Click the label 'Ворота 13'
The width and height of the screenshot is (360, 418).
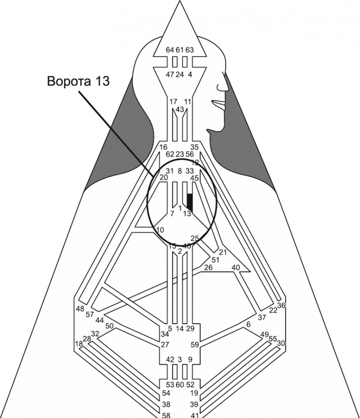coord(78,81)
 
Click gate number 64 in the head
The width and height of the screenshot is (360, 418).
coord(170,50)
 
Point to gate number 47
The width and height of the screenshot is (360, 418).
coord(170,75)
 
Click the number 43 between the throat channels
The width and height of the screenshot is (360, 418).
coord(180,109)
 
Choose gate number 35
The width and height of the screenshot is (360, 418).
coord(195,147)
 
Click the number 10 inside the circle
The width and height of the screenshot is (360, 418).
coord(160,230)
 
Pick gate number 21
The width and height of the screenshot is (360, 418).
coord(223,252)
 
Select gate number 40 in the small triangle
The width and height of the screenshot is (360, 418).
coord(236,267)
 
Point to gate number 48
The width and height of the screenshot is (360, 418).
coord(80,309)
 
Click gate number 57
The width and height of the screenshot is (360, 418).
coord(89,315)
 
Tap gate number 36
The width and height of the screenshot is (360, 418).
coord(281,306)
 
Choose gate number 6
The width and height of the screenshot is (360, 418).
coord(248,324)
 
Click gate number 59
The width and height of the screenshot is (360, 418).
coord(195,345)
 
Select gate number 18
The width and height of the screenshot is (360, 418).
coord(79,344)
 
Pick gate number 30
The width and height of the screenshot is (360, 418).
coord(281,343)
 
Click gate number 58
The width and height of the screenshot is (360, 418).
coord(166,415)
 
